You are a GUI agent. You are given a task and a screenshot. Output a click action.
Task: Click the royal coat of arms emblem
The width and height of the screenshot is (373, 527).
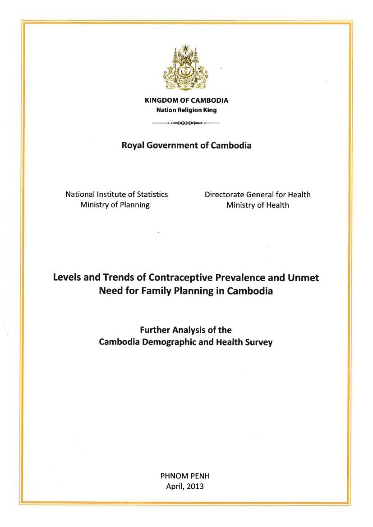(x=186, y=68)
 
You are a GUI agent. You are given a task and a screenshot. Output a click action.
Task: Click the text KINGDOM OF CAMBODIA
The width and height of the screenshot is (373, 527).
(x=186, y=100)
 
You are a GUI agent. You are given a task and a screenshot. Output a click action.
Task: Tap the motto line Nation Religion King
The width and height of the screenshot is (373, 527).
(x=186, y=110)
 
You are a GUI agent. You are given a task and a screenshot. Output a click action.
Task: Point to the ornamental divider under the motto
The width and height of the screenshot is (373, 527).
(x=186, y=123)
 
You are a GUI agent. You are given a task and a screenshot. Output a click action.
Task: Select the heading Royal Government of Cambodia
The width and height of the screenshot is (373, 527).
(x=186, y=145)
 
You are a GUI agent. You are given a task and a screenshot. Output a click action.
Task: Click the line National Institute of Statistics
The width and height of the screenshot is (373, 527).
(x=116, y=194)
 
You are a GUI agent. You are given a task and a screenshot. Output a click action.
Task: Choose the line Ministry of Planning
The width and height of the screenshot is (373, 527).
(x=115, y=205)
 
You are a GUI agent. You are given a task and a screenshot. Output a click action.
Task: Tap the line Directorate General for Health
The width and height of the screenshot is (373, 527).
(x=258, y=195)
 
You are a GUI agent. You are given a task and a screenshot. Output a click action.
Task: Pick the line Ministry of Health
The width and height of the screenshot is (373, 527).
(x=258, y=205)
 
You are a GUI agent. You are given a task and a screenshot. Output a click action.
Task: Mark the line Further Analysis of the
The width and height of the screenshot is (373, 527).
(x=186, y=330)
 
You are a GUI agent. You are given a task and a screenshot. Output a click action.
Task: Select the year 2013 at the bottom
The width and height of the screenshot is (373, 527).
(x=195, y=486)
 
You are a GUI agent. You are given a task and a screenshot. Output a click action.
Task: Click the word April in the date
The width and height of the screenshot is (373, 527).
(x=175, y=486)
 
